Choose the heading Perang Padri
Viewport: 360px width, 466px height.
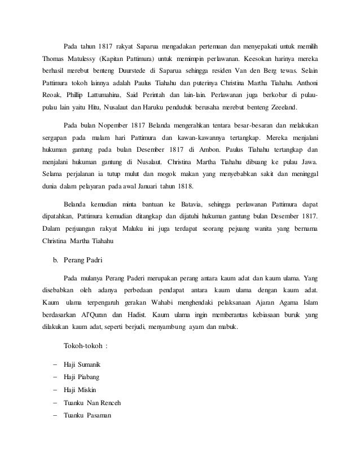pos(83,260)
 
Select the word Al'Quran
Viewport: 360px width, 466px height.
pos(96,314)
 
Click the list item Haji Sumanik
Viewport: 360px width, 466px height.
pos(82,365)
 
